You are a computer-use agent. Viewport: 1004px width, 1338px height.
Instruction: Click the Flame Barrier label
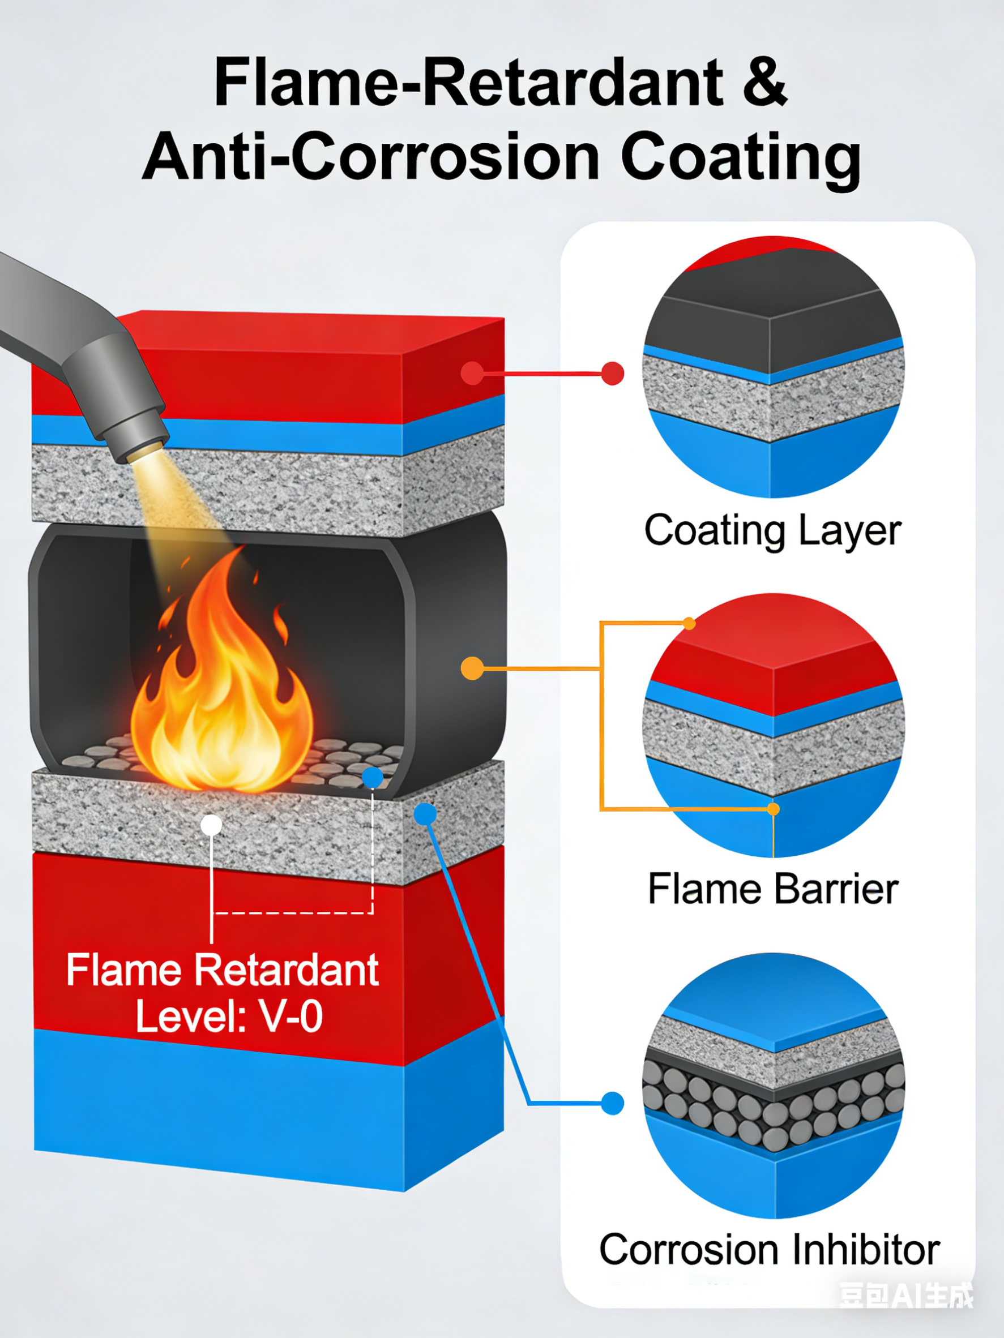pyautogui.click(x=773, y=889)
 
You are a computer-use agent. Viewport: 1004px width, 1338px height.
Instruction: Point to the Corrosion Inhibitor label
pyautogui.click(x=769, y=1250)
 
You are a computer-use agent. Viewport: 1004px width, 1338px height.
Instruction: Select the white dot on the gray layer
pyautogui.click(x=211, y=825)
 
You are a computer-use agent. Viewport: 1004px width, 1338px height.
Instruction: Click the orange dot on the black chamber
pyautogui.click(x=472, y=668)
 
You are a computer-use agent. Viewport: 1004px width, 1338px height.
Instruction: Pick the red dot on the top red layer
pyautogui.click(x=472, y=373)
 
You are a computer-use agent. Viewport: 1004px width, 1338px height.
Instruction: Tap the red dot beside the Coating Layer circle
pyautogui.click(x=613, y=373)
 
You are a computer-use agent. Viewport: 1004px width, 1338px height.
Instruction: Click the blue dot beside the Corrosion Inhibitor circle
pyautogui.click(x=613, y=1103)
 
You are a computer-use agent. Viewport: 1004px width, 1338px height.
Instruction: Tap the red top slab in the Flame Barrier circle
pyautogui.click(x=773, y=659)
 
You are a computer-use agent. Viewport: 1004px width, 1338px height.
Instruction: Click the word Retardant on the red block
pyautogui.click(x=288, y=971)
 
